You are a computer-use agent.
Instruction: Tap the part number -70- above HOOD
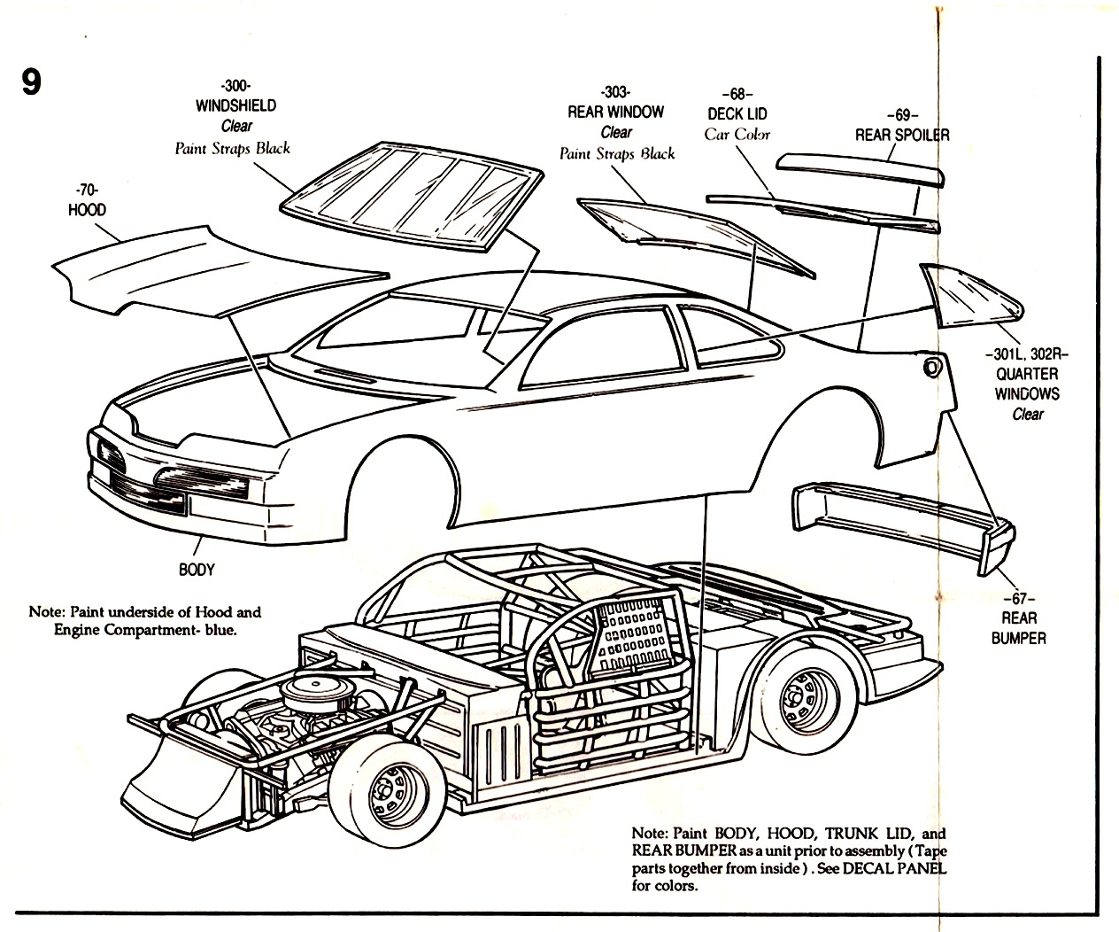(x=86, y=190)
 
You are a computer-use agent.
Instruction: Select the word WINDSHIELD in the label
(x=235, y=105)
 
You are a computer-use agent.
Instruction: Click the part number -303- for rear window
(x=614, y=92)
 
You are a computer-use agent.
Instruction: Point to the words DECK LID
(x=737, y=114)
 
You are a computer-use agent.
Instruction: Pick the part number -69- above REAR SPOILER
(x=901, y=115)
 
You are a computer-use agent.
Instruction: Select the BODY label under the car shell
(x=197, y=570)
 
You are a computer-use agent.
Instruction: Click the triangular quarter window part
(x=969, y=297)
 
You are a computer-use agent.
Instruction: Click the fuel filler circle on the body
(x=930, y=367)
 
